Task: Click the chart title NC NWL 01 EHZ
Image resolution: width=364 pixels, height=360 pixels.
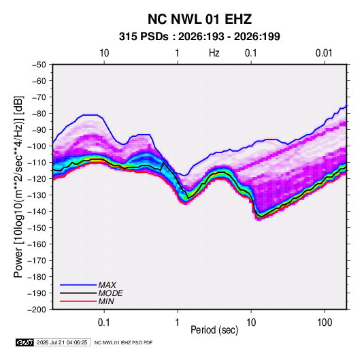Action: click(199, 19)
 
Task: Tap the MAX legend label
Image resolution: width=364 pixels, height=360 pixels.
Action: click(107, 285)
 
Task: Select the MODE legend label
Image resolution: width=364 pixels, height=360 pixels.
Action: click(110, 293)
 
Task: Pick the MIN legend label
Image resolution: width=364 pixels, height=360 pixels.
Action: click(106, 301)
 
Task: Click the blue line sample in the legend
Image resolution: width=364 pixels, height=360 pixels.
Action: click(78, 285)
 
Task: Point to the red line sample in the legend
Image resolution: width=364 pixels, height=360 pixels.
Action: click(78, 301)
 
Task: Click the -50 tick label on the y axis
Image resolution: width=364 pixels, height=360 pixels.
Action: click(39, 65)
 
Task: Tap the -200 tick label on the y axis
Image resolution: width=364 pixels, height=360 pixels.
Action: click(37, 310)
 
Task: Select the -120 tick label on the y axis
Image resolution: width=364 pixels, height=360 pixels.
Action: click(37, 179)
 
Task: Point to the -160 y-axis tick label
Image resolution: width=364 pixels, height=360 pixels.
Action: click(37, 244)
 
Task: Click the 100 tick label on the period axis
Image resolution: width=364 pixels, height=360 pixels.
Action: click(325, 323)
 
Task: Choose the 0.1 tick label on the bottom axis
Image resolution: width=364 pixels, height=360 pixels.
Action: click(104, 323)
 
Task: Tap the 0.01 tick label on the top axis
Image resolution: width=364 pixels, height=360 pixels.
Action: click(324, 53)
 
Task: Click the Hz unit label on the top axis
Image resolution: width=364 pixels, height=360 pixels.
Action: click(214, 53)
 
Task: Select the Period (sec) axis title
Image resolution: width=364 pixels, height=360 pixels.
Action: click(214, 330)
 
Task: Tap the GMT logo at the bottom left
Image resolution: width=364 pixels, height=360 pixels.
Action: click(25, 342)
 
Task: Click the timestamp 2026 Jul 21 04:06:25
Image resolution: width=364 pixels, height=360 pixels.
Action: click(62, 342)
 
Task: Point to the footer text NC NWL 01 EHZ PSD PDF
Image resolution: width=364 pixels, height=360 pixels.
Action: click(124, 342)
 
